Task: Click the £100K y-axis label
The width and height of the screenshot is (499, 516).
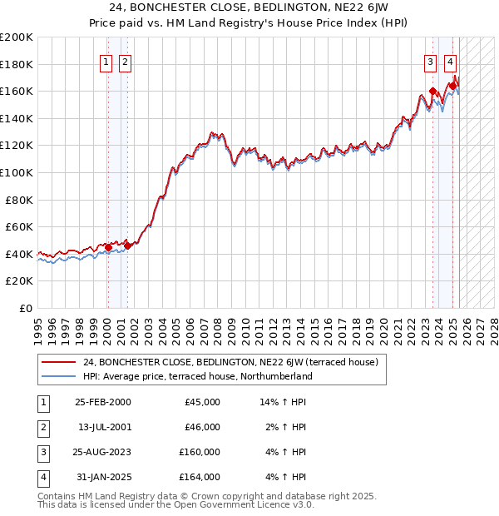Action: tap(17, 172)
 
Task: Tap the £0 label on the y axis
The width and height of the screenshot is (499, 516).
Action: tap(26, 308)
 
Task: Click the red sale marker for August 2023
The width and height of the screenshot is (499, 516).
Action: tap(432, 92)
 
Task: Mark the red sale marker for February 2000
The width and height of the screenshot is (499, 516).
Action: tap(108, 247)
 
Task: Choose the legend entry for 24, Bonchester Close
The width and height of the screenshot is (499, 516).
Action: tap(230, 362)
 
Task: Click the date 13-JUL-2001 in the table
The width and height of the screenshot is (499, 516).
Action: tap(102, 427)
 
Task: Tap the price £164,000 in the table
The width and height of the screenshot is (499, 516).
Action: tap(202, 477)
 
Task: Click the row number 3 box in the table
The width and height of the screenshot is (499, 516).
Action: tap(42, 452)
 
